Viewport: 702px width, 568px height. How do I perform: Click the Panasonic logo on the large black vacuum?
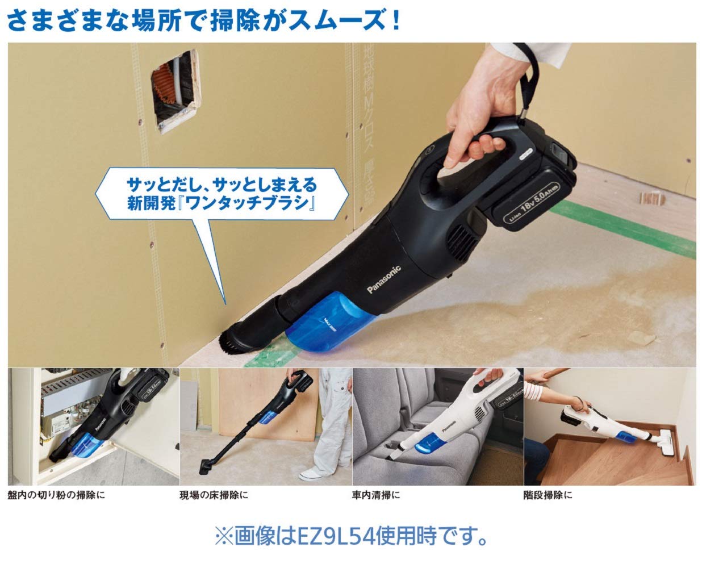pyautogui.click(x=384, y=279)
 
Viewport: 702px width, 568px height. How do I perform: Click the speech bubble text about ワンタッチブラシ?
pyautogui.click(x=222, y=193)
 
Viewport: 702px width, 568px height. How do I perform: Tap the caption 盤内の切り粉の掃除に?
pyautogui.click(x=57, y=495)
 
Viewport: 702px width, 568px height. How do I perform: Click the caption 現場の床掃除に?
pyautogui.click(x=214, y=495)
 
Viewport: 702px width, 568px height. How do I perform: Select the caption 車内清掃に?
pyautogui.click(x=375, y=495)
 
